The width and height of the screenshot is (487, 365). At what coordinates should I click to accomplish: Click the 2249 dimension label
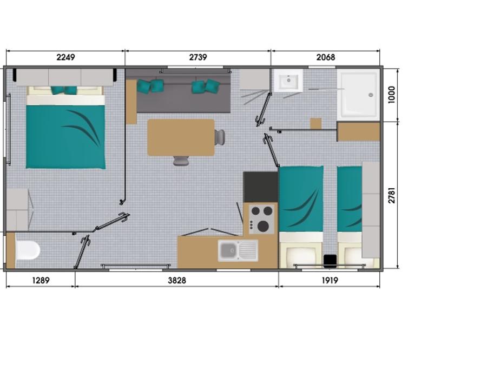point(65,57)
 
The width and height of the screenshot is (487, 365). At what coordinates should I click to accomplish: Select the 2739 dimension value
point(198,57)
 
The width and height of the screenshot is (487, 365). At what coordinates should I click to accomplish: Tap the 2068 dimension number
point(326,57)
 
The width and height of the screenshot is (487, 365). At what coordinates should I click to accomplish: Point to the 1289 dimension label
point(41,280)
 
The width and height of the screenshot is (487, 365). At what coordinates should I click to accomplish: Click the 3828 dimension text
point(177,280)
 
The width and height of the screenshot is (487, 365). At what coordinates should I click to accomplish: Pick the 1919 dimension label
point(330,280)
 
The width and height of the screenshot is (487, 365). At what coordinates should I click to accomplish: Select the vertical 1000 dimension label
point(391,95)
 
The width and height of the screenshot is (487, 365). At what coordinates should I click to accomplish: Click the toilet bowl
point(28,250)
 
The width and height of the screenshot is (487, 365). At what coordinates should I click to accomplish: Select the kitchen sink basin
point(228,250)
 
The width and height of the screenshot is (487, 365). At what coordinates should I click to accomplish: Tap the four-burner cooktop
point(261,219)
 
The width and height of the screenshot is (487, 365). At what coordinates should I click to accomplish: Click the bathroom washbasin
point(288,81)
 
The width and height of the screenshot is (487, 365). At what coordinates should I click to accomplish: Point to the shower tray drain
point(371,95)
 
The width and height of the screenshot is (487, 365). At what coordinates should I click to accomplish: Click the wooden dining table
point(181,137)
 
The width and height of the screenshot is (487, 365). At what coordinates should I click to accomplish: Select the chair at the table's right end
point(220,137)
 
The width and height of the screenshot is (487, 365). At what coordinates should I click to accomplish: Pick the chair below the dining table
point(181,161)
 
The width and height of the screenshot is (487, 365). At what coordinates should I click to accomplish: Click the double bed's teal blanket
point(65,137)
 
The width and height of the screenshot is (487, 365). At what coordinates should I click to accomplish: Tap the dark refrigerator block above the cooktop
point(260,187)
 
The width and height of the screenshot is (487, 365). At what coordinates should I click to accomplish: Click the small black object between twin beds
point(330,261)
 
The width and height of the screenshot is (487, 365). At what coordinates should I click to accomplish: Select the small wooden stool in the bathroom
point(316,123)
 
